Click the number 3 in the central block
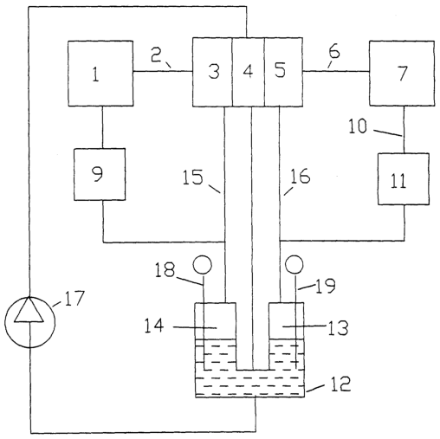tap(214, 71)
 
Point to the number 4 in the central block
tap(249, 71)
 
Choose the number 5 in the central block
tap(280, 70)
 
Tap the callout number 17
tap(74, 298)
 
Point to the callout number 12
tap(340, 384)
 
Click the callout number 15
tap(193, 177)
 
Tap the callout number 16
tap(301, 177)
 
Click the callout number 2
tap(156, 55)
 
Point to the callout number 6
tap(334, 51)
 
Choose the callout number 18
tap(165, 269)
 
